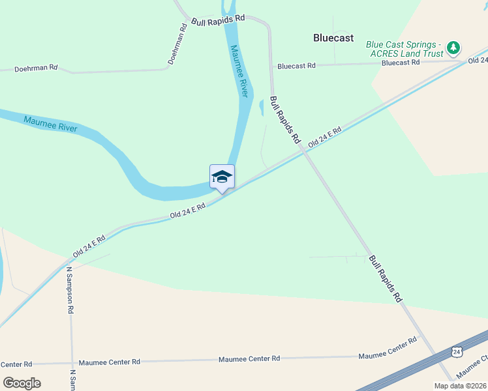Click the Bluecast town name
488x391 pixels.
(333, 38)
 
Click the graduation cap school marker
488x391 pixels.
(222, 177)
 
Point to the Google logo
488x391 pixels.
(21, 383)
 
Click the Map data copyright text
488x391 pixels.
(460, 386)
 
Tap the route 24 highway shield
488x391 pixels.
(456, 352)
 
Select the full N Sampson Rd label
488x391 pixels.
(69, 290)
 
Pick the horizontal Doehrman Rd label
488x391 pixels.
(36, 67)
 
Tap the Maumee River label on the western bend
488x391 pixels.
(50, 123)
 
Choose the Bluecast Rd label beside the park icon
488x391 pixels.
(401, 63)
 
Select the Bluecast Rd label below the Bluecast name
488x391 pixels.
(296, 66)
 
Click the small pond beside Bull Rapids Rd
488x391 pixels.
(262, 106)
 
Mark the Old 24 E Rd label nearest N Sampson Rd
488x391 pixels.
(89, 246)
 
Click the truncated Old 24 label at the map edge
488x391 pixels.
(479, 60)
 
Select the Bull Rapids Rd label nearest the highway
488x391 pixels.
(385, 279)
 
